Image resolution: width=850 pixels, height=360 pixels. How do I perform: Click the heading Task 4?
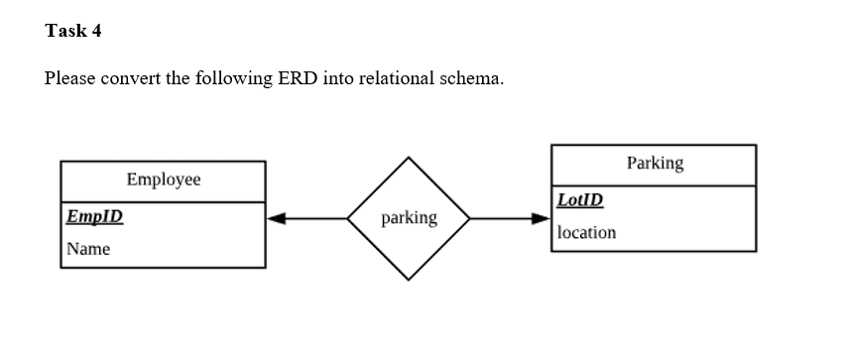(x=73, y=31)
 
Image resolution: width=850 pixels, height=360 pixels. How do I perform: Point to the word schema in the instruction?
(x=472, y=79)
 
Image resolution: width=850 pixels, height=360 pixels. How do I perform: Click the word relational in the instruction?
(x=402, y=79)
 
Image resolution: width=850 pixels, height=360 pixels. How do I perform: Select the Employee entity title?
(x=163, y=180)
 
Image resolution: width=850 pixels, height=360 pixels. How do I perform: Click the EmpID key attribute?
(x=94, y=216)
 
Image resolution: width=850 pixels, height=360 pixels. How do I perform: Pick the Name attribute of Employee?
(x=88, y=249)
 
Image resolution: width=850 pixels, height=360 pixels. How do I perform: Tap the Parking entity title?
(x=655, y=163)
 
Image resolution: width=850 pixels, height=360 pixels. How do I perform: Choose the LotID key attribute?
(x=579, y=199)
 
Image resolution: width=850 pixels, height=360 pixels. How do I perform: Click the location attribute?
(x=586, y=232)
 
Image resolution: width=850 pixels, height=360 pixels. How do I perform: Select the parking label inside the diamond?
(x=409, y=217)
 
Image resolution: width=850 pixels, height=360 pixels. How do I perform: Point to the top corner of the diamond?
(x=409, y=157)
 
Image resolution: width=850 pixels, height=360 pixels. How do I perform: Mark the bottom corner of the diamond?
(x=409, y=280)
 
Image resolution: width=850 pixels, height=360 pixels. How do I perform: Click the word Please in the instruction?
(x=69, y=79)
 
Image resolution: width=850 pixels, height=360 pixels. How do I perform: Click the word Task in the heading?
(x=64, y=31)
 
